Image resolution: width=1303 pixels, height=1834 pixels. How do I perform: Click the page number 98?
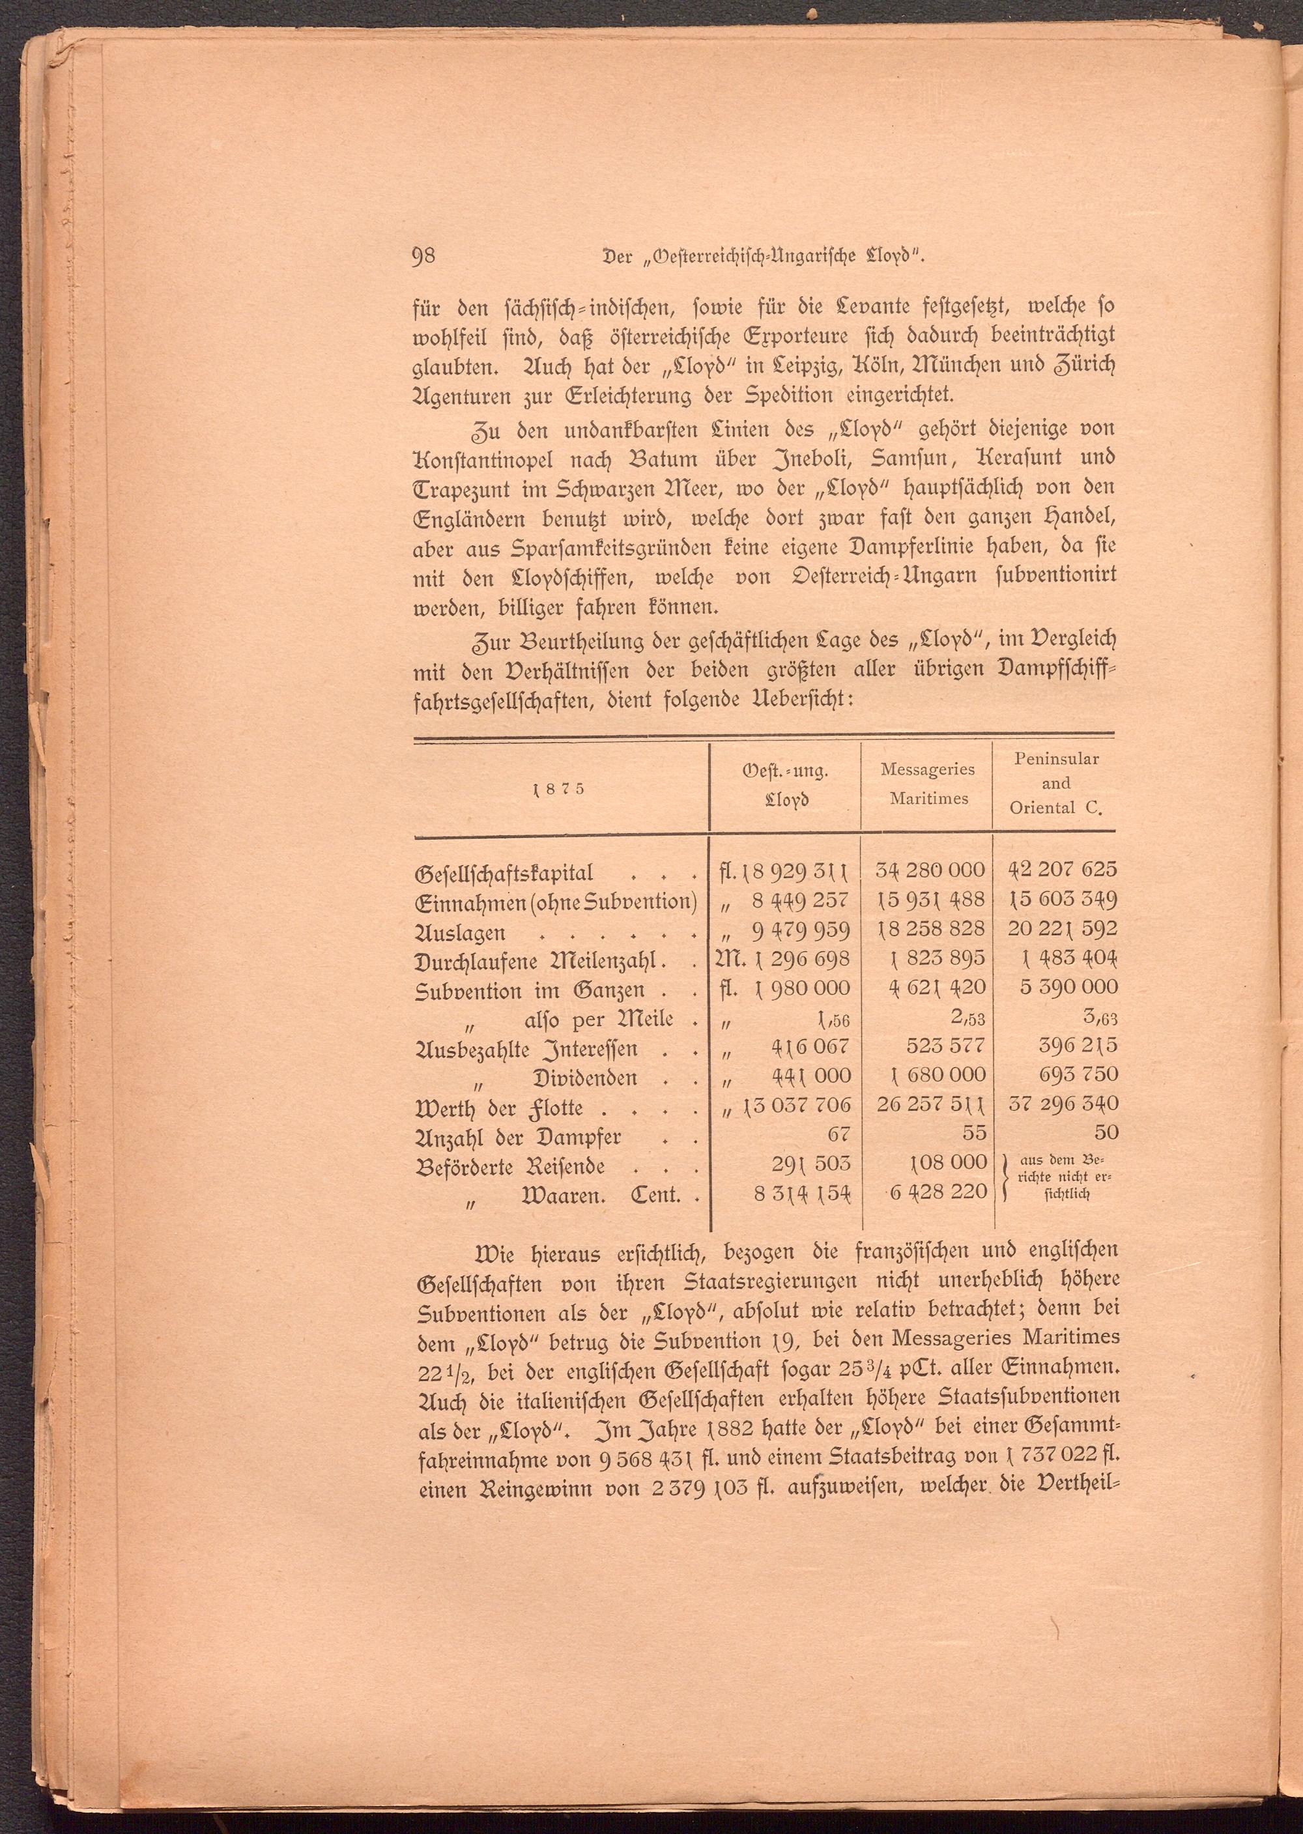coord(422,256)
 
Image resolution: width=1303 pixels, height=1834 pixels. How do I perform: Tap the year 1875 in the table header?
coord(559,788)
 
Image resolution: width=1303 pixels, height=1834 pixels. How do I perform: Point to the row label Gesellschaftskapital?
coord(503,874)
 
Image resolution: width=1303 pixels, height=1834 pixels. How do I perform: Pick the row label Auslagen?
coord(460,933)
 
